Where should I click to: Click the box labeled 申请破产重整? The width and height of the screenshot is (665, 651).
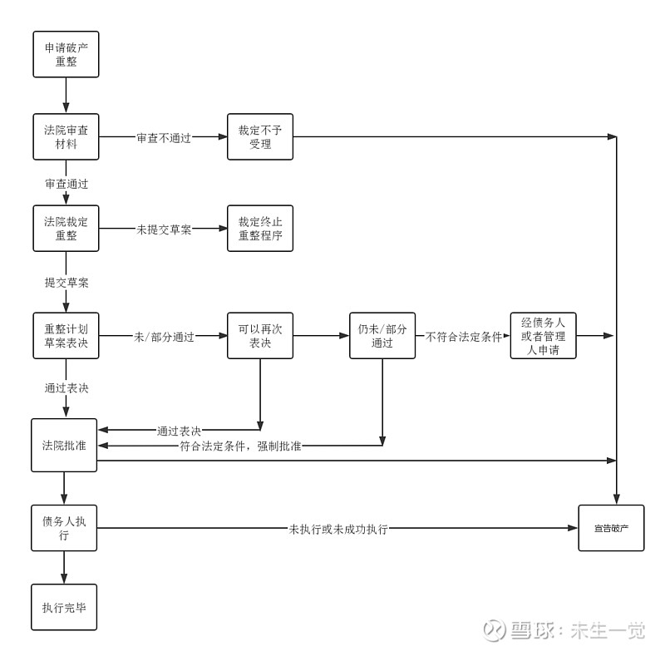(x=66, y=54)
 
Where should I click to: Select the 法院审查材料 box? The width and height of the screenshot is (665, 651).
(x=66, y=136)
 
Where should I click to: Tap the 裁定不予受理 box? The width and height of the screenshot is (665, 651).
(x=260, y=136)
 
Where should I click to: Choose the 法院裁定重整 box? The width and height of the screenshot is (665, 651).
(x=66, y=228)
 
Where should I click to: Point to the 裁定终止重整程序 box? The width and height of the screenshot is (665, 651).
(x=260, y=228)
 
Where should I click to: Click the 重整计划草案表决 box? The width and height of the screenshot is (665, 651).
(x=66, y=336)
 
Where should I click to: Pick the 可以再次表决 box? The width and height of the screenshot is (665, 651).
(x=260, y=336)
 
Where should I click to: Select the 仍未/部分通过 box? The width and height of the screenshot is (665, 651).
(x=382, y=336)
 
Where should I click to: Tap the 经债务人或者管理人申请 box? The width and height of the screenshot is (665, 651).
(x=543, y=336)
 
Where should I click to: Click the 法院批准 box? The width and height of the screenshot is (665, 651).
(x=64, y=446)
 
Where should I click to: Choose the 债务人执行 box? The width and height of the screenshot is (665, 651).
(x=64, y=528)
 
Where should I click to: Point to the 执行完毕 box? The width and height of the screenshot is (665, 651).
(x=64, y=607)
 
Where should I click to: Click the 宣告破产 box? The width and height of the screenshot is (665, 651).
(x=611, y=528)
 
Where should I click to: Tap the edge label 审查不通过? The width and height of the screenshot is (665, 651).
(x=164, y=138)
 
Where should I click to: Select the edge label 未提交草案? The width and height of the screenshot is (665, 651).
(x=164, y=229)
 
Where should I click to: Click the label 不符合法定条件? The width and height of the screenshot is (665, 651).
(x=464, y=337)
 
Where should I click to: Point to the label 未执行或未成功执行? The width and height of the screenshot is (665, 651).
(x=338, y=530)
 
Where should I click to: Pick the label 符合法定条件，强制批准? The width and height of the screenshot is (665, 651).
(x=240, y=446)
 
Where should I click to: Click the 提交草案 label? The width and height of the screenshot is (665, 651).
(x=66, y=283)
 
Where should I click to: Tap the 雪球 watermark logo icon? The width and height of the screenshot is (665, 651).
(x=495, y=629)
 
